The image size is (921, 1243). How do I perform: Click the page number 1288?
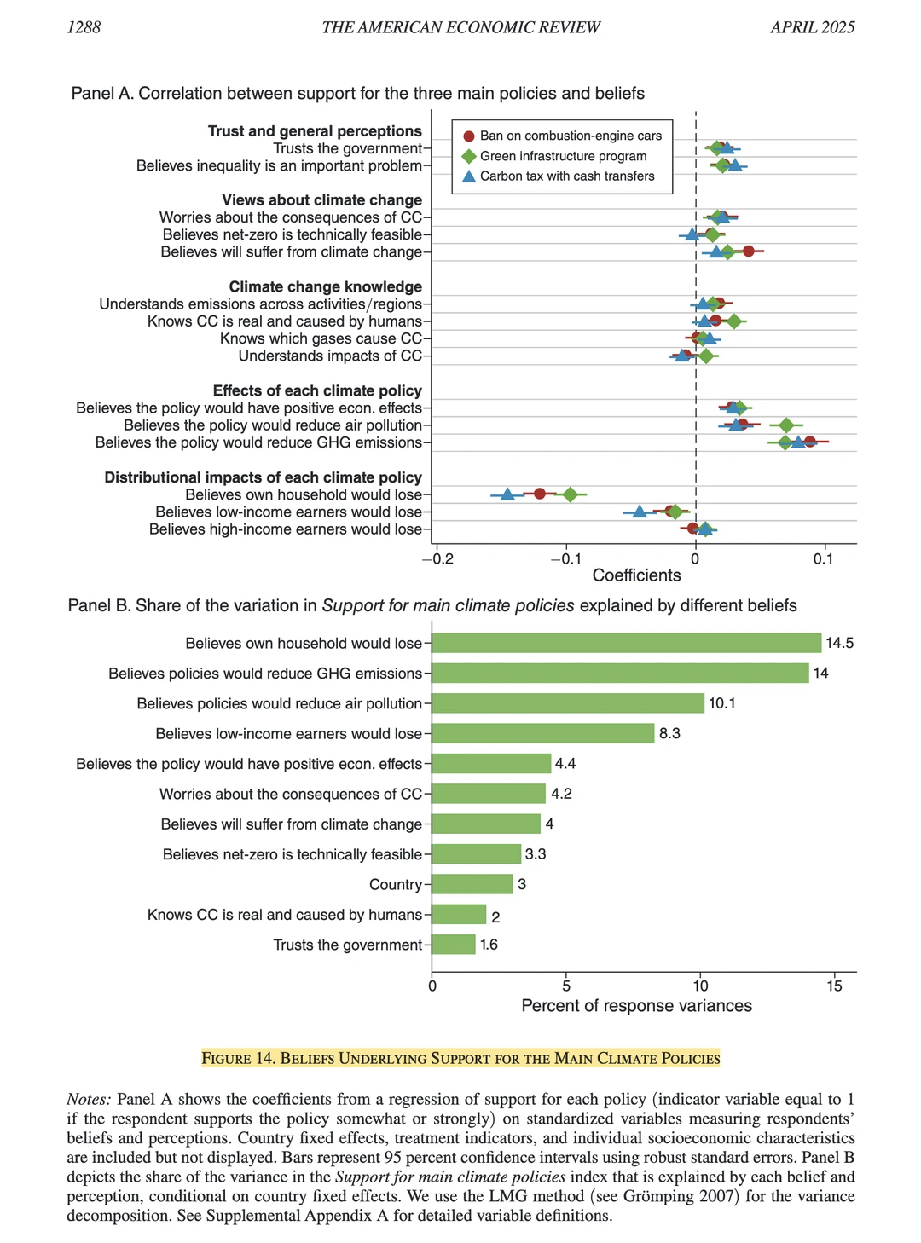tap(84, 27)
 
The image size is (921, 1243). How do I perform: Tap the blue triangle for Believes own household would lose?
tap(507, 494)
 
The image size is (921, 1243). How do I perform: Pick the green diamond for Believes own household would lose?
tap(570, 494)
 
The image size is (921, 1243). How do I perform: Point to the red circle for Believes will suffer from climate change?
tap(748, 251)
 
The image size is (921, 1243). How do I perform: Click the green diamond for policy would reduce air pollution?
tap(786, 425)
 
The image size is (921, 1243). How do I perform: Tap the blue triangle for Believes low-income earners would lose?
tap(640, 512)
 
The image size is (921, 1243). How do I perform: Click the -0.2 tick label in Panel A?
tap(437, 559)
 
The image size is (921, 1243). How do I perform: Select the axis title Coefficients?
tap(636, 575)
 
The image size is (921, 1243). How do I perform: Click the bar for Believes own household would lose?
tap(627, 643)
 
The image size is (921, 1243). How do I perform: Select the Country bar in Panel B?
tap(472, 884)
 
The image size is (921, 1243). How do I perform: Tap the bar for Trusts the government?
tap(454, 945)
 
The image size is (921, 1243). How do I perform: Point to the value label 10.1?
tap(721, 703)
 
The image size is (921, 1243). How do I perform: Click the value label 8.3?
tap(669, 733)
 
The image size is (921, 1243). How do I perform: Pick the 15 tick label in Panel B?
tap(834, 986)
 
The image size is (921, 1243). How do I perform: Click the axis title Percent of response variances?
tap(636, 1006)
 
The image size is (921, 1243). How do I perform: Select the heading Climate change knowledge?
tap(325, 287)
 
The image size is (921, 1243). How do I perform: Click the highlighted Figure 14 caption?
tap(460, 1059)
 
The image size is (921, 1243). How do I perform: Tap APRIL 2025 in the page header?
tap(812, 27)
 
